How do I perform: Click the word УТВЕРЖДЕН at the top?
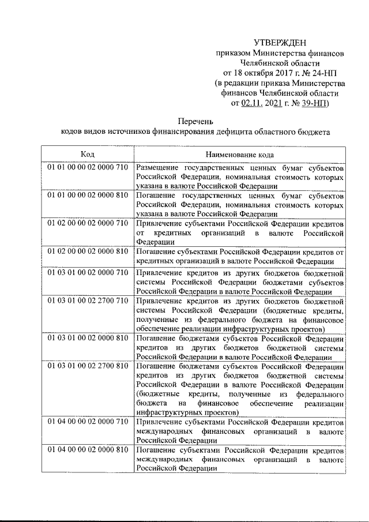click(280, 42)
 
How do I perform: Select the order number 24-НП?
click(320, 73)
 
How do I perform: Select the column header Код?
click(88, 155)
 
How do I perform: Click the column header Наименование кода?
click(240, 155)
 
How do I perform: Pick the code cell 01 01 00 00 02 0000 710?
click(88, 167)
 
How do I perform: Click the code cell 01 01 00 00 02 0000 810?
click(88, 196)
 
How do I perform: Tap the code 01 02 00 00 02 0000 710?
click(88, 223)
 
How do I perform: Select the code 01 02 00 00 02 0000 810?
click(88, 251)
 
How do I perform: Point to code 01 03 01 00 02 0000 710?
click(88, 272)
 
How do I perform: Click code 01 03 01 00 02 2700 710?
click(88, 301)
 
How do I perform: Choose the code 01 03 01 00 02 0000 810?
click(88, 338)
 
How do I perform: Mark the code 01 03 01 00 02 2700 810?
click(88, 366)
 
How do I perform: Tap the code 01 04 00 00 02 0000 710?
click(88, 422)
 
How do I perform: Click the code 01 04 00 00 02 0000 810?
click(88, 450)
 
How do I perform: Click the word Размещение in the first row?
click(158, 167)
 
